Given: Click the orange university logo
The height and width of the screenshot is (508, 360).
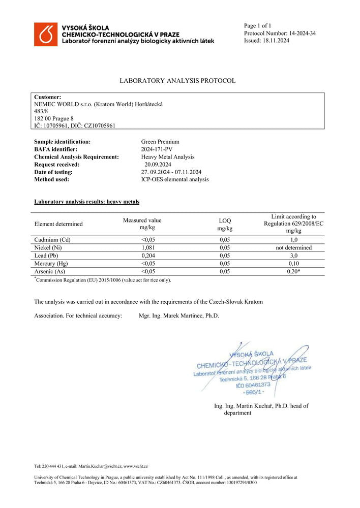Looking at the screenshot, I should [x=46, y=34].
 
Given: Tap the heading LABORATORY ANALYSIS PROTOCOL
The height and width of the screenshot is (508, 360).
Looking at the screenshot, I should [x=177, y=81].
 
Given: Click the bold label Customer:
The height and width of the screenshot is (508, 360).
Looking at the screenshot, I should [x=47, y=97].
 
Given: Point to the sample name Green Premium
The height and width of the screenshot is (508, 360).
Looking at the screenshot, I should [x=160, y=142].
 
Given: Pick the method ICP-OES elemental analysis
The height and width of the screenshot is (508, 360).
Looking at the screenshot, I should [x=174, y=179].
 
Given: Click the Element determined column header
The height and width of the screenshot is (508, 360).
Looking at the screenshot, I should [x=58, y=224].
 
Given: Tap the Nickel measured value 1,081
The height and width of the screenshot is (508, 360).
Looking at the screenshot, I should [x=148, y=248].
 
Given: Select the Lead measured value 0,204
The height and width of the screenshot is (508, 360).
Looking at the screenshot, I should [x=148, y=256].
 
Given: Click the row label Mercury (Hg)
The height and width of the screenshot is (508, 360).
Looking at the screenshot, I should [x=51, y=264].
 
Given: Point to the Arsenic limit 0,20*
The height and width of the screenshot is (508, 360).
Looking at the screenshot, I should [x=293, y=271].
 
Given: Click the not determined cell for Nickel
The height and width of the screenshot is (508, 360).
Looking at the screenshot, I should [x=293, y=248].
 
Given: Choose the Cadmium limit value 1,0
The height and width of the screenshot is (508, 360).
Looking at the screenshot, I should [x=293, y=240].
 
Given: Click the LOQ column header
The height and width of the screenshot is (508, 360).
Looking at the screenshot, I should [x=224, y=225].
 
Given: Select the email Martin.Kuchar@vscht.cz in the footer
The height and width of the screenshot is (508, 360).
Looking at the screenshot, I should [x=100, y=466].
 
